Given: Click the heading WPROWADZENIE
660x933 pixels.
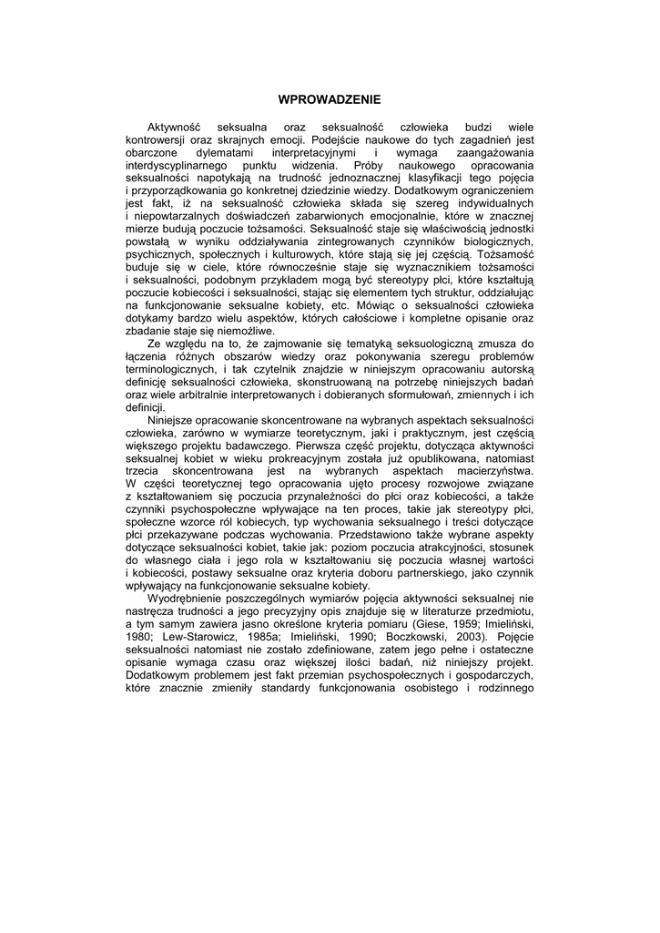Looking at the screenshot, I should tap(330, 97).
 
